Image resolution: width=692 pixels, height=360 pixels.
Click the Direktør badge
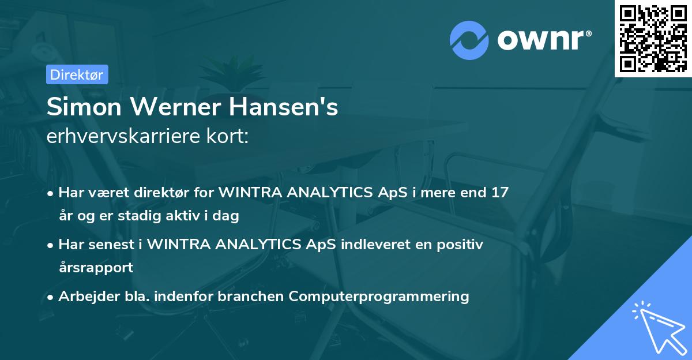[x=77, y=74]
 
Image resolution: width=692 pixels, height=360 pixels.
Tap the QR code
[x=653, y=38]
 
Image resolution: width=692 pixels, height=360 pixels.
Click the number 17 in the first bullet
[x=499, y=192]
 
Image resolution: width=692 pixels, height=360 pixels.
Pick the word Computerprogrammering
[x=379, y=296]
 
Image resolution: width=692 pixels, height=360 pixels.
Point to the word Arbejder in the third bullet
[x=84, y=296]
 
